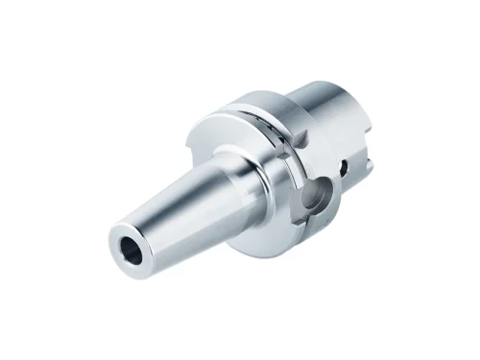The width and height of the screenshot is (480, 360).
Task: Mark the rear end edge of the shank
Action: pos(370,144)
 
